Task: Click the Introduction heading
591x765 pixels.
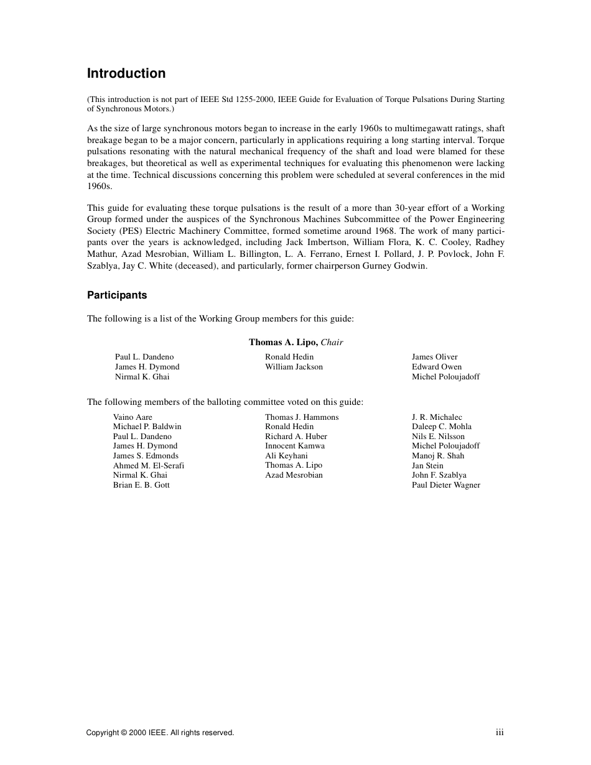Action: click(126, 73)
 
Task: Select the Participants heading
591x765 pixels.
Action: click(117, 295)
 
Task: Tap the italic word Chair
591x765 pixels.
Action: click(332, 342)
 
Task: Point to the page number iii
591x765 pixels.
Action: click(500, 733)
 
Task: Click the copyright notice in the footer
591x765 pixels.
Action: click(160, 733)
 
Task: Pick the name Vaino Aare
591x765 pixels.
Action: click(133, 417)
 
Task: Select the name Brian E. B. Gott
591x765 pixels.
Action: click(141, 485)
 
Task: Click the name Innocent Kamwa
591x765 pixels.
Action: click(295, 446)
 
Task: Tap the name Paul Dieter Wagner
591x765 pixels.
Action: click(446, 485)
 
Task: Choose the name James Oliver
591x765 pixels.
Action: click(435, 357)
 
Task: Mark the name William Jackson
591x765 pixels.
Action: click(294, 367)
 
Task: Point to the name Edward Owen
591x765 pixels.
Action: click(437, 367)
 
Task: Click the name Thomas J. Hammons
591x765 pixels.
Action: click(302, 417)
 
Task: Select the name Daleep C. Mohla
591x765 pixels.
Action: click(442, 427)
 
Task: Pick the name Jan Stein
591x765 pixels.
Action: click(427, 465)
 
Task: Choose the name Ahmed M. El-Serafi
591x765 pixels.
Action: click(149, 465)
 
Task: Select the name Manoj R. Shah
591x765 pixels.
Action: click(438, 456)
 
